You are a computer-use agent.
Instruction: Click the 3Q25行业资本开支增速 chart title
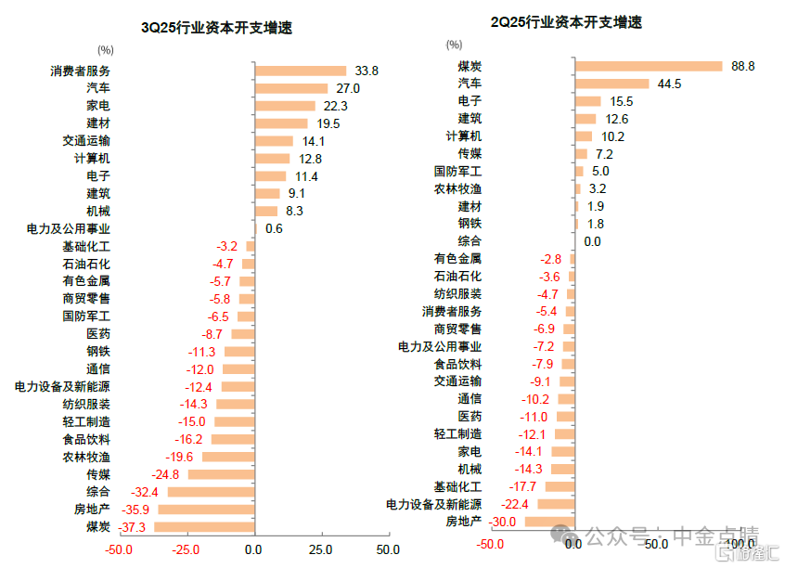[x=216, y=28]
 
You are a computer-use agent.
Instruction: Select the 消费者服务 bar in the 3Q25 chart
[x=300, y=71]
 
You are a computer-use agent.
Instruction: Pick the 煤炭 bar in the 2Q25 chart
[x=649, y=66]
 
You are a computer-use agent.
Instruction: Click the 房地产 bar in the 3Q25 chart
[x=206, y=510]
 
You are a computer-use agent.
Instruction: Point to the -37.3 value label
[x=134, y=527]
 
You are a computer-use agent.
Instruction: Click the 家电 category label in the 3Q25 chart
[x=98, y=106]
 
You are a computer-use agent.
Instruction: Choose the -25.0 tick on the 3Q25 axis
[x=187, y=549]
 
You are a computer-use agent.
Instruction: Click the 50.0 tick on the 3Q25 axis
[x=388, y=549]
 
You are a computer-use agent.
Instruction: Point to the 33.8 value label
[x=367, y=71]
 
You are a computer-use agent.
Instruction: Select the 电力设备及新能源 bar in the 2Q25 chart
[x=556, y=504]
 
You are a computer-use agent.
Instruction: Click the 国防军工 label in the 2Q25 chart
[x=457, y=172]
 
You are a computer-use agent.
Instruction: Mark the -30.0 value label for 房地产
[x=503, y=522]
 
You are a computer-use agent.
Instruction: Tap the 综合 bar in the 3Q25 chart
[x=211, y=492]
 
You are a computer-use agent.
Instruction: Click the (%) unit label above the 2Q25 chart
[x=454, y=44]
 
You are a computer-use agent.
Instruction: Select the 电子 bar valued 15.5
[x=588, y=101]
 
